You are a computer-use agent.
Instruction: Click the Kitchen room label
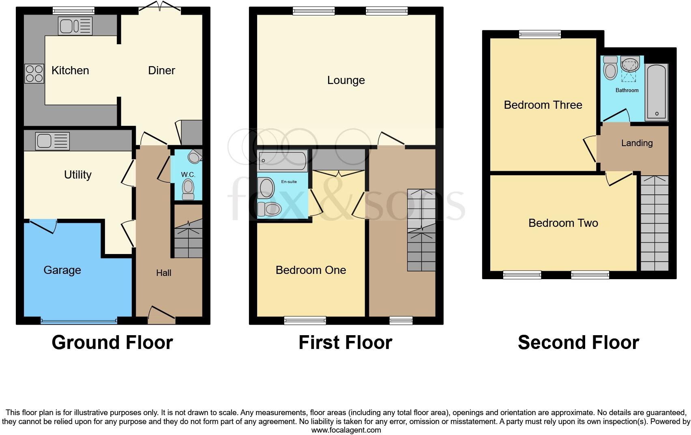coord(70,71)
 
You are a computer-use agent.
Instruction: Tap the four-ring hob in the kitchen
coord(34,73)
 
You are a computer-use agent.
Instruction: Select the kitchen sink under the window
coord(75,26)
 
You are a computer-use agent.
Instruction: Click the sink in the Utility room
coord(53,141)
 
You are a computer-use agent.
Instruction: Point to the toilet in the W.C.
coord(188,190)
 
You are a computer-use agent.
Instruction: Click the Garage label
coord(62,270)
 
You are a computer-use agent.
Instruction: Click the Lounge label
coord(346,80)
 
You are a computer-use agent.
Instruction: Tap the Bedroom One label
coord(311,270)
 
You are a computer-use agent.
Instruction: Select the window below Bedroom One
coord(305,321)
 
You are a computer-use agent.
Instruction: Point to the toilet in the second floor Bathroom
coord(610,68)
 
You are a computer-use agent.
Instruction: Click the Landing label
coord(637,143)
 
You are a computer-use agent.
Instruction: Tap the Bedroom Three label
coord(543,105)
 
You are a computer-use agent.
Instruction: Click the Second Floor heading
coord(578,342)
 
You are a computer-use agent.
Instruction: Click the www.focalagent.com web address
coord(346,430)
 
